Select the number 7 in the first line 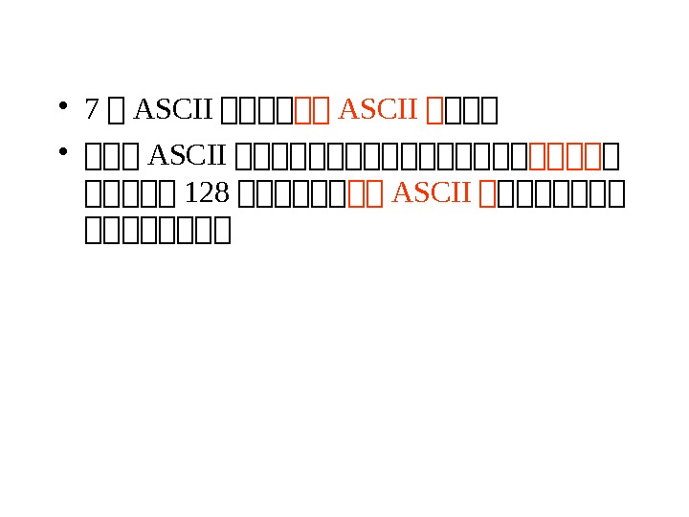[x=91, y=111]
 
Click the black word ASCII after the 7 [x=172, y=111]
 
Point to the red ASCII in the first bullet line [x=379, y=111]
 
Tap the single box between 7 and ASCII [x=117, y=112]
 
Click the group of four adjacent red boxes [x=565, y=154]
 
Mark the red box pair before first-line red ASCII [x=314, y=112]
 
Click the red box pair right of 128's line [x=367, y=194]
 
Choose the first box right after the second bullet [x=94, y=154]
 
